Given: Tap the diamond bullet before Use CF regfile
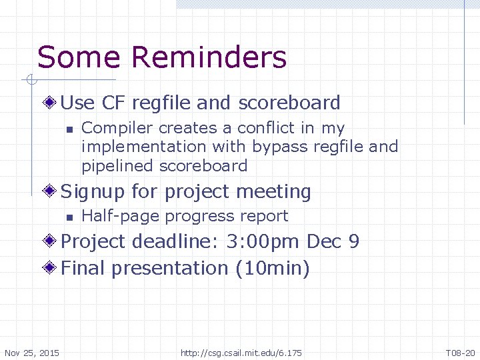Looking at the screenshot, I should pyautogui.click(x=51, y=103).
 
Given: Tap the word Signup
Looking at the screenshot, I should pyautogui.click(x=92, y=192).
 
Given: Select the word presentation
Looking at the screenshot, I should pyautogui.click(x=170, y=269).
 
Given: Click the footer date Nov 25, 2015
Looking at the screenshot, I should pyautogui.click(x=31, y=352).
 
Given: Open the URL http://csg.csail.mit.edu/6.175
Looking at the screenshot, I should pyautogui.click(x=241, y=352).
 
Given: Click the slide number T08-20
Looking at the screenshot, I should pyautogui.click(x=460, y=352).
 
